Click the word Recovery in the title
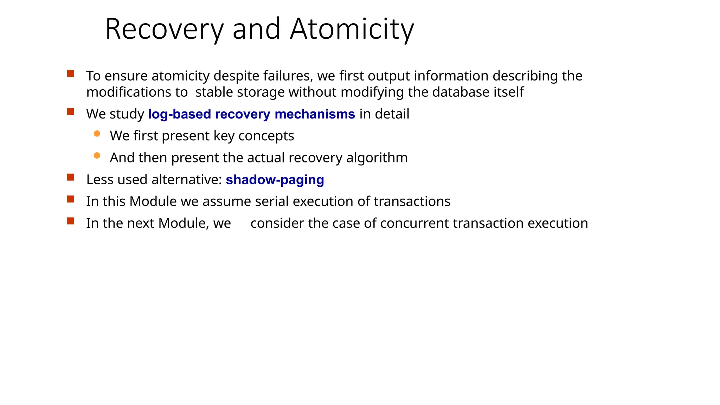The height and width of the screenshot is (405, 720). coord(164,30)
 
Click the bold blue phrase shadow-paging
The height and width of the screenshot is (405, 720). coord(275,180)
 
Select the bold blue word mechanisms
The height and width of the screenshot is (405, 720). coord(315,114)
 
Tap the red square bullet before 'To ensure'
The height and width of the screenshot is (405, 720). coord(70,74)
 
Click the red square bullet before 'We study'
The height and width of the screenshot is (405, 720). coord(70,112)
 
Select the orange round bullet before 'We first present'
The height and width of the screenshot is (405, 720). coord(97,134)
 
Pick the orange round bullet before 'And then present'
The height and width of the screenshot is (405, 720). coord(97,155)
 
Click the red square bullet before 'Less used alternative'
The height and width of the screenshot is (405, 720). coord(70,177)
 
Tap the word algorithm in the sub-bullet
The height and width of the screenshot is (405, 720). coord(377,158)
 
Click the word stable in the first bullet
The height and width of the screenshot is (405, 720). coord(214,92)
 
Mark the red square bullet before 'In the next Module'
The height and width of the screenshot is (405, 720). coord(70,221)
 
